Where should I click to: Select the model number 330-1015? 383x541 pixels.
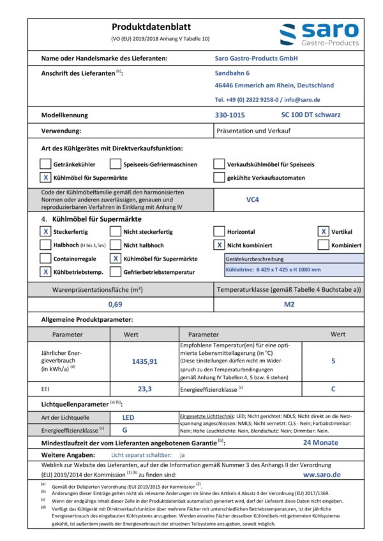point(230,115)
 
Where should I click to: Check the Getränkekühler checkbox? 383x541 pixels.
point(45,164)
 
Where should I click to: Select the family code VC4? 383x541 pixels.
point(253,199)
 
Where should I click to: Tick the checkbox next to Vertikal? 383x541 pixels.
point(324,232)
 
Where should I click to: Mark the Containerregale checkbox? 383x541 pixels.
point(45,259)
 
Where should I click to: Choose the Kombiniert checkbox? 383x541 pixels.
point(324,245)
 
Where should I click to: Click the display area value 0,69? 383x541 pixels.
point(116,305)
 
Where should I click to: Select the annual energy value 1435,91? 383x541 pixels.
point(144,361)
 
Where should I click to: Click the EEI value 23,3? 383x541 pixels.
point(144,387)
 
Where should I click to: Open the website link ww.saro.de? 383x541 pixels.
point(322,474)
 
